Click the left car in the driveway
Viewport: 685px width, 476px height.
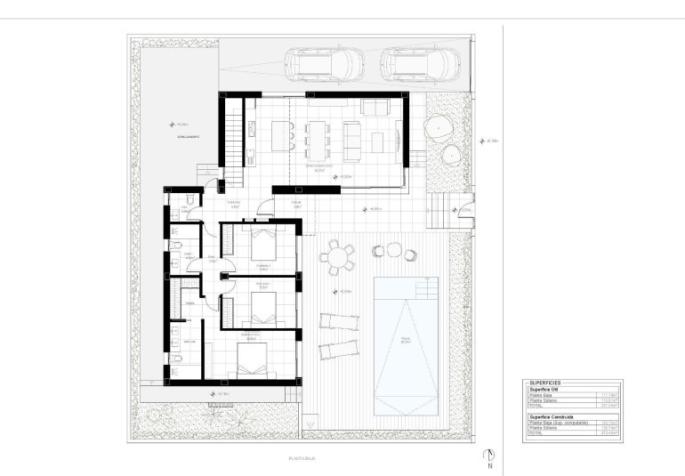tap(324, 65)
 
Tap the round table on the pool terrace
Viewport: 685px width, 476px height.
tap(339, 259)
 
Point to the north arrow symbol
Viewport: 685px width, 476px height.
tap(489, 457)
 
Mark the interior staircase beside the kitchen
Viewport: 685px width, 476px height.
tap(233, 133)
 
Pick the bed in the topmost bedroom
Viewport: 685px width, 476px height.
tap(265, 242)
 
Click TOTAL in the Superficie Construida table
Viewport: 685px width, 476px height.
tap(536, 433)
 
